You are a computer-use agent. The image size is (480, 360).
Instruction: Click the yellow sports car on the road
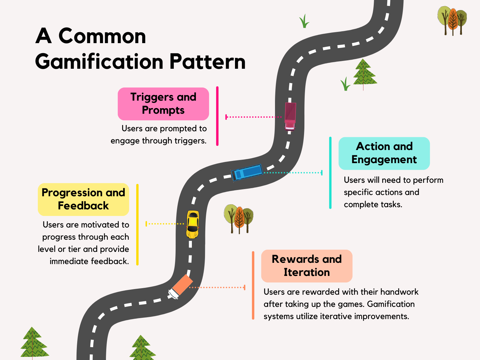[192, 224]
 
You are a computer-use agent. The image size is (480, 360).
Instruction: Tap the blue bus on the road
[247, 172]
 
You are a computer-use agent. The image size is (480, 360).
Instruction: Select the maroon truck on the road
[290, 116]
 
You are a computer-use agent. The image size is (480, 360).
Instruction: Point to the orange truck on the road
[180, 286]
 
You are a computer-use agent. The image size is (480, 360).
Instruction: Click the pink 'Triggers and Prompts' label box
[163, 104]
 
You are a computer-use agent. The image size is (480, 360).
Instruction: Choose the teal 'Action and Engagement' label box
[384, 153]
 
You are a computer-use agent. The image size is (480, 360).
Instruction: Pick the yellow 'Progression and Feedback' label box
[83, 199]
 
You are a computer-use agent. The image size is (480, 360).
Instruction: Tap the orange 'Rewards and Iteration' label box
[307, 266]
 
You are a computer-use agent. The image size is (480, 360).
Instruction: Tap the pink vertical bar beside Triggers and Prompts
[217, 116]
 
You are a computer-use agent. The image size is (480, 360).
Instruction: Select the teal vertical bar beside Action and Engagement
[330, 172]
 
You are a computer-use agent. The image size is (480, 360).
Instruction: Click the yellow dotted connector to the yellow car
[165, 224]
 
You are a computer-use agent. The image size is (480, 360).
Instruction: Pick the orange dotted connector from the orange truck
[217, 287]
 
